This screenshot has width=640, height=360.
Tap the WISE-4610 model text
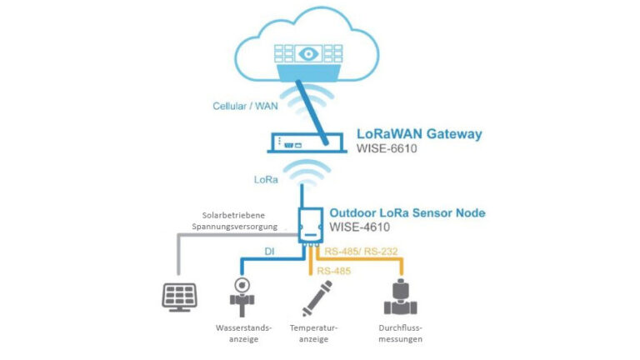pos(360,228)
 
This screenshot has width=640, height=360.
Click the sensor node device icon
pos(309,225)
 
